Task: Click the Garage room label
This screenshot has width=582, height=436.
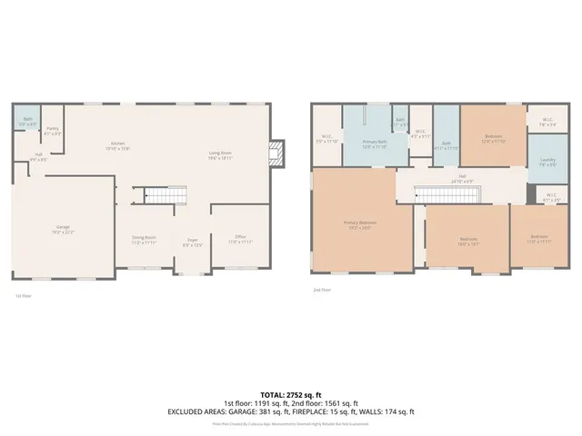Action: [x=63, y=229]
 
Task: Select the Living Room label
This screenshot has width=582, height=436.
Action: [x=221, y=154]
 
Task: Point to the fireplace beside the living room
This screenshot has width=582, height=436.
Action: [x=278, y=153]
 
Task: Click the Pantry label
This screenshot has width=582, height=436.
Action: [x=53, y=132]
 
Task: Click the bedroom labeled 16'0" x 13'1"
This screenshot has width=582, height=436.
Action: [x=467, y=241]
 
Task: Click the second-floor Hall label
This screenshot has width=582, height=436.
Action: [x=462, y=178]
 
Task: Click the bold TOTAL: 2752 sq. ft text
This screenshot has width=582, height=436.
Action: [x=290, y=394]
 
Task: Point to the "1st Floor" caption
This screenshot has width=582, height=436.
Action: [x=23, y=296]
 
